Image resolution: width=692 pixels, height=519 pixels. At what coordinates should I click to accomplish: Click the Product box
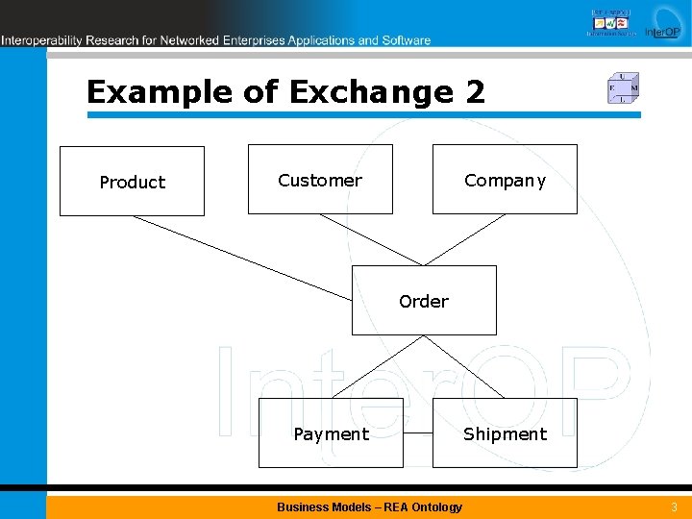click(132, 181)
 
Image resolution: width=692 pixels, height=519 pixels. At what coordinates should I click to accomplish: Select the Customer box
click(320, 179)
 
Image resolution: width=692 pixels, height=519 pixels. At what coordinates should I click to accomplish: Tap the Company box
click(505, 179)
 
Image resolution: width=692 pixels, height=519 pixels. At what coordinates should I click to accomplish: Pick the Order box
click(424, 300)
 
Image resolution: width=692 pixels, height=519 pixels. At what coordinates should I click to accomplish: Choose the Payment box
click(331, 432)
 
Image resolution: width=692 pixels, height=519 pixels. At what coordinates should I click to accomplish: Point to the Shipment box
click(505, 432)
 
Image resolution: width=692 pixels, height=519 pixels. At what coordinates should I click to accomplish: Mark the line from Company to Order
click(464, 239)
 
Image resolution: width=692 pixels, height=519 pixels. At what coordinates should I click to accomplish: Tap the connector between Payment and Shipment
click(418, 433)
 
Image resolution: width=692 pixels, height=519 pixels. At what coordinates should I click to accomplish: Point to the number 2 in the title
click(475, 92)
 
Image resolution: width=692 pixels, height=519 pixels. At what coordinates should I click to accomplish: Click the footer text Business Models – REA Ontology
click(369, 507)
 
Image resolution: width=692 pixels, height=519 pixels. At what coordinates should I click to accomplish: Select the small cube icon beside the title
click(623, 88)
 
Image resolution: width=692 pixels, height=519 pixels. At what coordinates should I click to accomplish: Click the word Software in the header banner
click(408, 40)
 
